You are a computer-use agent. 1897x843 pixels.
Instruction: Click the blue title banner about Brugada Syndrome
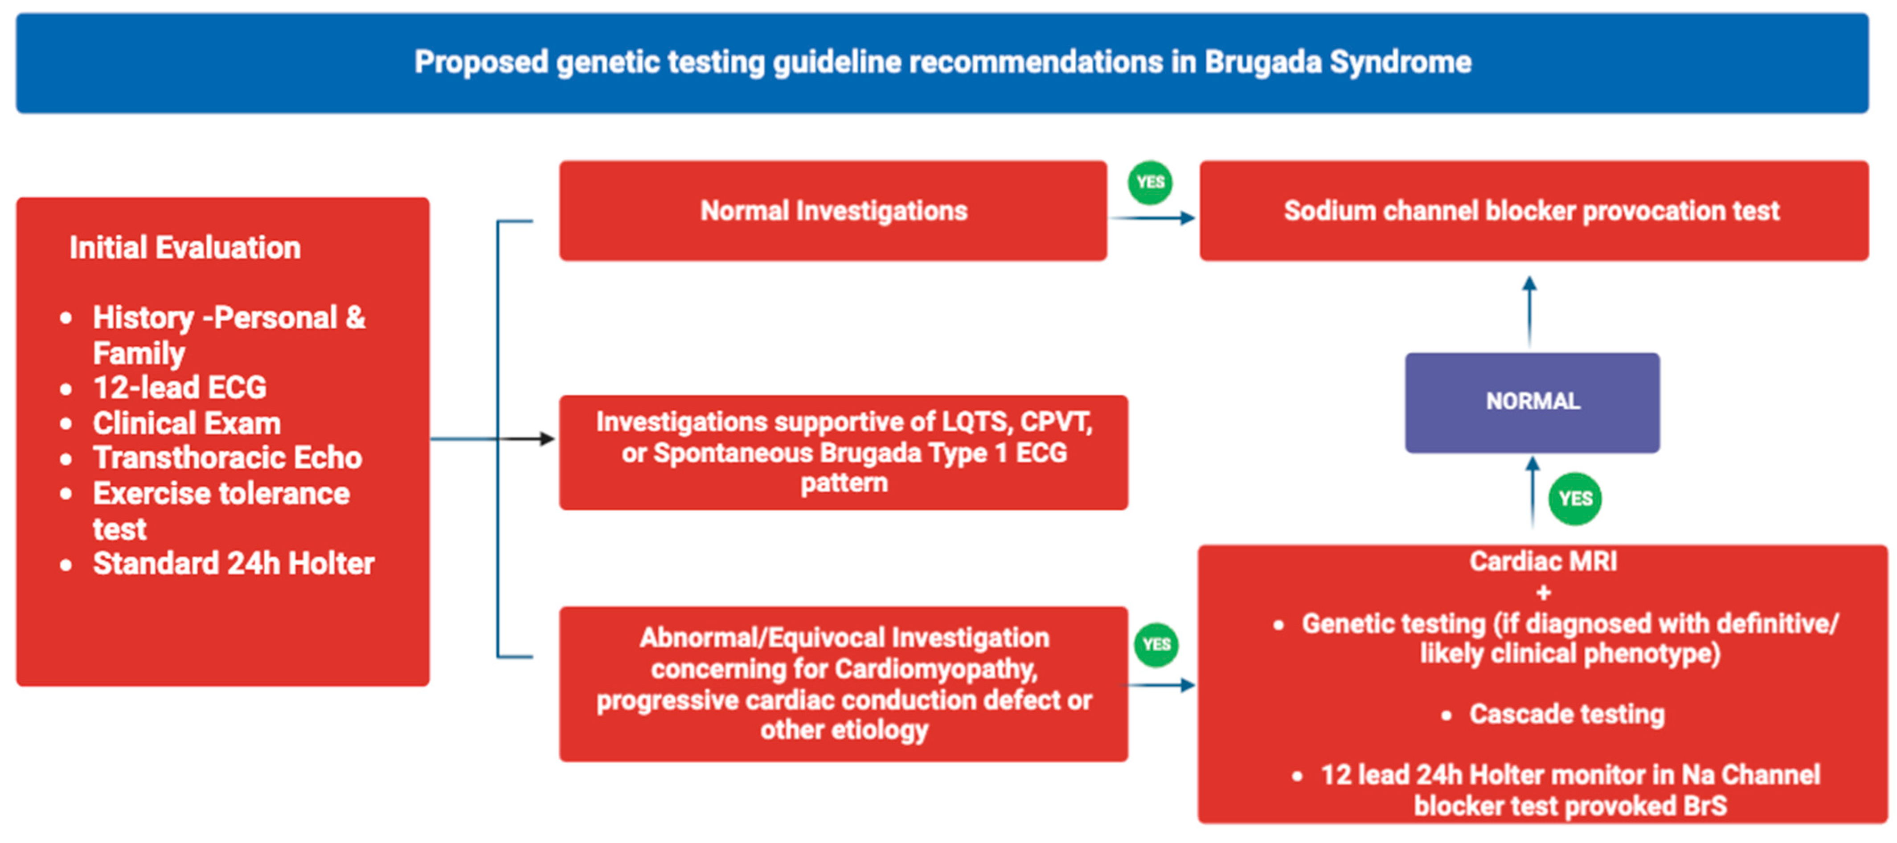942,62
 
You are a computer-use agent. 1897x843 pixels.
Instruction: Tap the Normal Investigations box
833,211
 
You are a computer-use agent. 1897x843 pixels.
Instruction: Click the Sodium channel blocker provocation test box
1534,211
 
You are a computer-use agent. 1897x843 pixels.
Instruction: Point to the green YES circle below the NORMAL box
1574,499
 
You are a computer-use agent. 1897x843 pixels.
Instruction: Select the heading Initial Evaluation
185,247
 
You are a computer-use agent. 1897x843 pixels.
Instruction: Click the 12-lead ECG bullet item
180,387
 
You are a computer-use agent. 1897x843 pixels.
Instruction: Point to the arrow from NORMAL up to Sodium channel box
1529,311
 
